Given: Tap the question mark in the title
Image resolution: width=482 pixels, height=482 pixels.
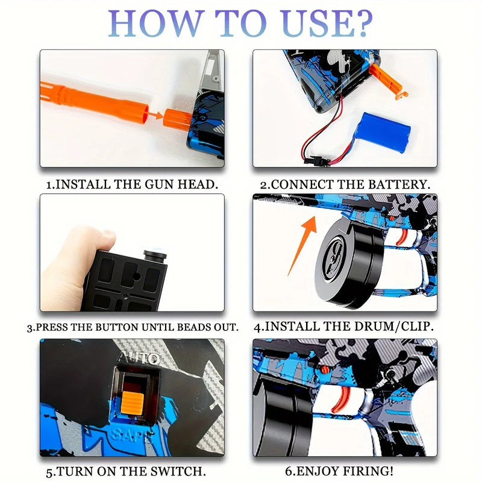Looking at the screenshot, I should [x=361, y=24].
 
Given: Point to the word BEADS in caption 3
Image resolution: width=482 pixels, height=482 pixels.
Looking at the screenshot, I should [x=197, y=328].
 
